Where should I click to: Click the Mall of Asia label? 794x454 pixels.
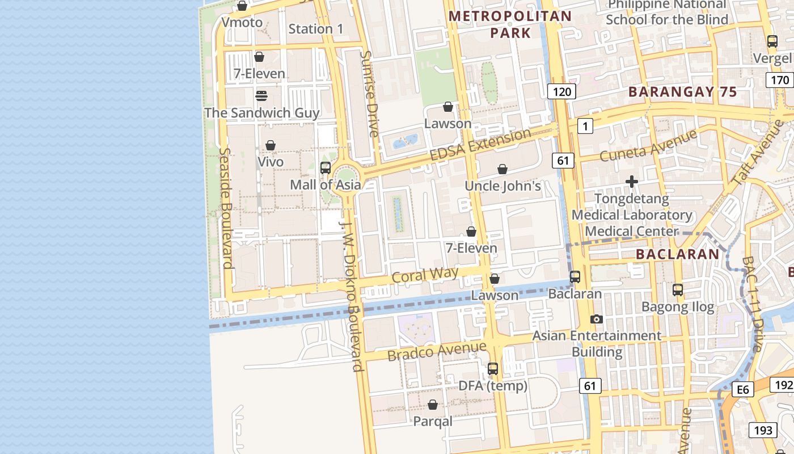click(325, 184)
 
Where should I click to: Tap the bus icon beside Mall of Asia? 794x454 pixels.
click(326, 168)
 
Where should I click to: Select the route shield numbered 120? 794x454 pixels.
click(561, 91)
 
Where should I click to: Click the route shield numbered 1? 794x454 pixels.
click(585, 126)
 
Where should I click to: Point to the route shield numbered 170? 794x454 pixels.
click(780, 80)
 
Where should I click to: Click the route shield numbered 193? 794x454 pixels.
click(763, 430)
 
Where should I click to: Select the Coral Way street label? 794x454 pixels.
click(425, 275)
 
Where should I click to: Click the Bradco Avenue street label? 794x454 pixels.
click(437, 351)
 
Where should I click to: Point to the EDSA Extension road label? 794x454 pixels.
click(480, 145)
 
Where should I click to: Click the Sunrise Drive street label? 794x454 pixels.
click(369, 94)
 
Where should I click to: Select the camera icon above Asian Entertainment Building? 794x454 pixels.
click(596, 320)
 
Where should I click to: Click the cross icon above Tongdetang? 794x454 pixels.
click(632, 182)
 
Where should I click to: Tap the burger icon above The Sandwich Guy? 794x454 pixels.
click(261, 95)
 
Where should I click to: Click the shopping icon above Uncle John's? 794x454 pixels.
click(502, 169)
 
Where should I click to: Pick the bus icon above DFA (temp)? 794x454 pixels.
click(493, 369)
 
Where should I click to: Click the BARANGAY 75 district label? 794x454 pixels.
click(682, 92)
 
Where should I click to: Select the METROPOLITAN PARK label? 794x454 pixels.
click(510, 24)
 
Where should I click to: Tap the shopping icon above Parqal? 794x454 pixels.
click(433, 405)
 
